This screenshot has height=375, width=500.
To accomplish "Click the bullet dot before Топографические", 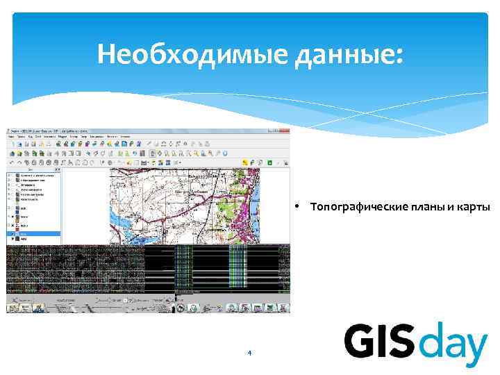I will point(296,206).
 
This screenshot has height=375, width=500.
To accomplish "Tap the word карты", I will point(474,207).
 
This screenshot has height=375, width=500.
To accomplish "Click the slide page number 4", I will point(249,353).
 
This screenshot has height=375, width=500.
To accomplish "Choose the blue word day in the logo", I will point(453,344).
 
